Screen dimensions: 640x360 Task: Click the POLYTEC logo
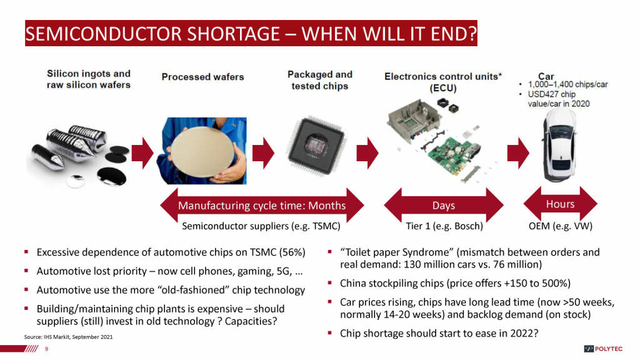coord(603,349)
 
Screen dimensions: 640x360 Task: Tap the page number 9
coord(46,349)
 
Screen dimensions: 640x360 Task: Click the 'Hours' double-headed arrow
coord(560,204)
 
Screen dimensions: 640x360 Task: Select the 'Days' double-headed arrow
coord(444,205)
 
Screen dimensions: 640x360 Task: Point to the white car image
coord(559,146)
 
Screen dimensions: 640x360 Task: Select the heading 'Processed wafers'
coord(203,77)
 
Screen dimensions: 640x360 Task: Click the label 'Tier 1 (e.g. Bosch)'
coord(444,226)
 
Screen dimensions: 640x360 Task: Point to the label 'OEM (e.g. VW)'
coord(561,226)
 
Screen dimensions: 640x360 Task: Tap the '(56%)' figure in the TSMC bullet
coord(292,252)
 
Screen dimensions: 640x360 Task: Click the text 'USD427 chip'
coord(551,94)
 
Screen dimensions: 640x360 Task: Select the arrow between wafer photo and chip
coord(263,153)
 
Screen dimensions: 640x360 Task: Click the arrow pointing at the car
coord(518,153)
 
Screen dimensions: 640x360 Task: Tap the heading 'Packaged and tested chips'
coord(320,80)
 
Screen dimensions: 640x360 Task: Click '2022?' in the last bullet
coord(524,334)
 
